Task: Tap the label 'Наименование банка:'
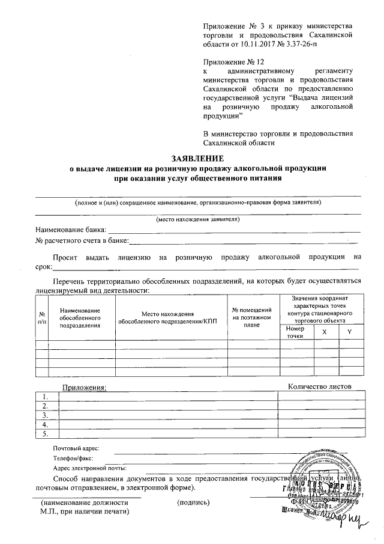tap(71, 229)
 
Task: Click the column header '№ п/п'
tap(42, 317)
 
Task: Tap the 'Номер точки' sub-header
tap(296, 332)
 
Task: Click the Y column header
tap(350, 332)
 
